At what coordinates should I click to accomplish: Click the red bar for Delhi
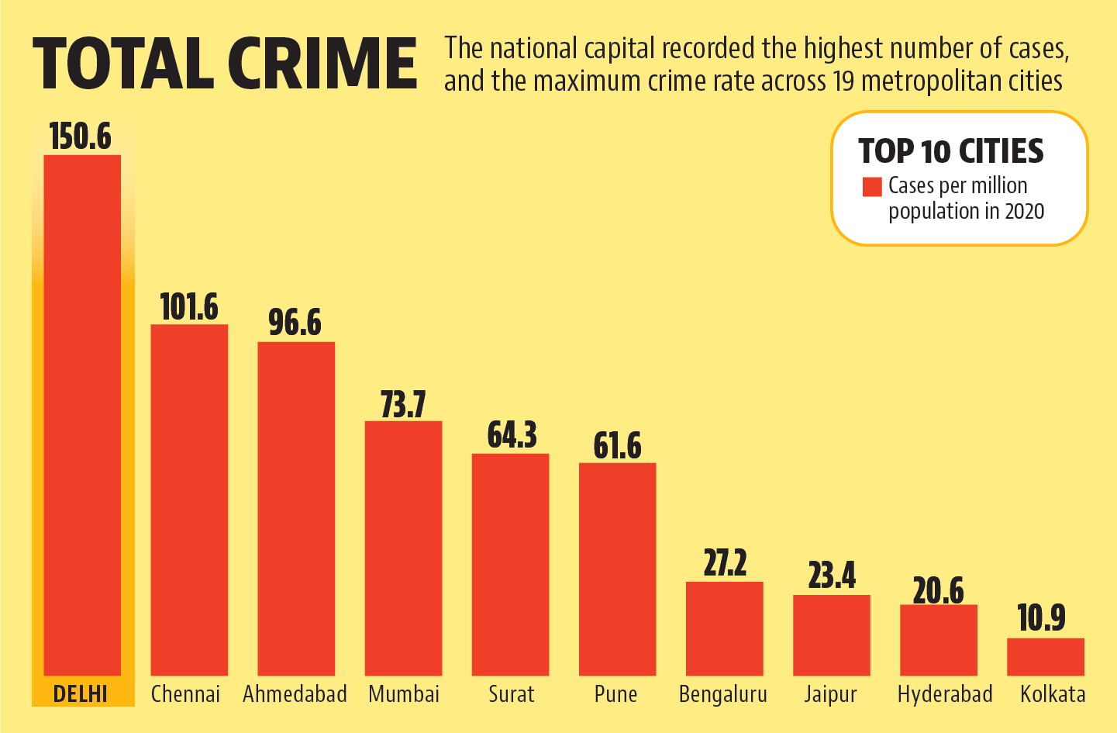[x=82, y=415]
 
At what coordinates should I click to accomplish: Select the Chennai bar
[x=189, y=500]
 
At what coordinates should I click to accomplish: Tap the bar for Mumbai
[x=403, y=548]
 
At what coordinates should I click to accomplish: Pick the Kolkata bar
[x=1045, y=656]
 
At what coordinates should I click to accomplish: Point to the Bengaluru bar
[x=724, y=628]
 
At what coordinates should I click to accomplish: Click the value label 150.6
[x=81, y=137]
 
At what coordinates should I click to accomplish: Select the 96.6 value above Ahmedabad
[x=295, y=323]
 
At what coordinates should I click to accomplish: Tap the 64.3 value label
[x=512, y=435]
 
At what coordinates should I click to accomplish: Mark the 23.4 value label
[x=832, y=576]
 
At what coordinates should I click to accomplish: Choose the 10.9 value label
[x=1041, y=618]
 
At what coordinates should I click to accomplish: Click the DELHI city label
[x=81, y=693]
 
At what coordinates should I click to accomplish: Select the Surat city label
[x=511, y=693]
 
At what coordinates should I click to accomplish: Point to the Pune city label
[x=616, y=693]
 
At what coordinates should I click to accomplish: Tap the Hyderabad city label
[x=945, y=693]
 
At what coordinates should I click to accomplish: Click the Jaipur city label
[x=830, y=693]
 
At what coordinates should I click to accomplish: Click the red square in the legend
[x=872, y=187]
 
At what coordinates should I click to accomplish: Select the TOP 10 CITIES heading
[x=951, y=151]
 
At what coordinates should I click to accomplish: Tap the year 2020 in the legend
[x=1024, y=211]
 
